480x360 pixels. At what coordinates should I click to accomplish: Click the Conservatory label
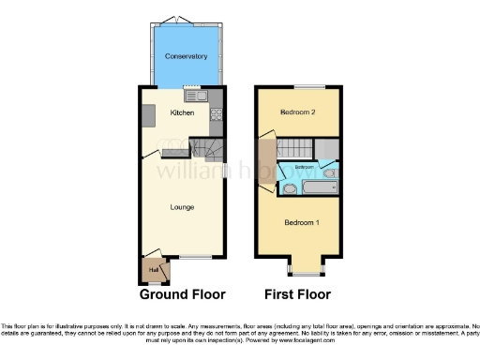186,57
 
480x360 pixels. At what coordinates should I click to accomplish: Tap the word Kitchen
182,112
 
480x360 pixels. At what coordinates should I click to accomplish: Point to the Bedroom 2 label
295,112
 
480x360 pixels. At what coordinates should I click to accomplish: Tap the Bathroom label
306,167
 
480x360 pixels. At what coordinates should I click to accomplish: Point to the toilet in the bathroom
289,189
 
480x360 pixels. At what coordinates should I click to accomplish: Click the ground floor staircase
208,148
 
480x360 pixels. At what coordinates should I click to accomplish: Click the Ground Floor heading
183,293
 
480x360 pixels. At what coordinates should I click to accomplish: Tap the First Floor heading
298,293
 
